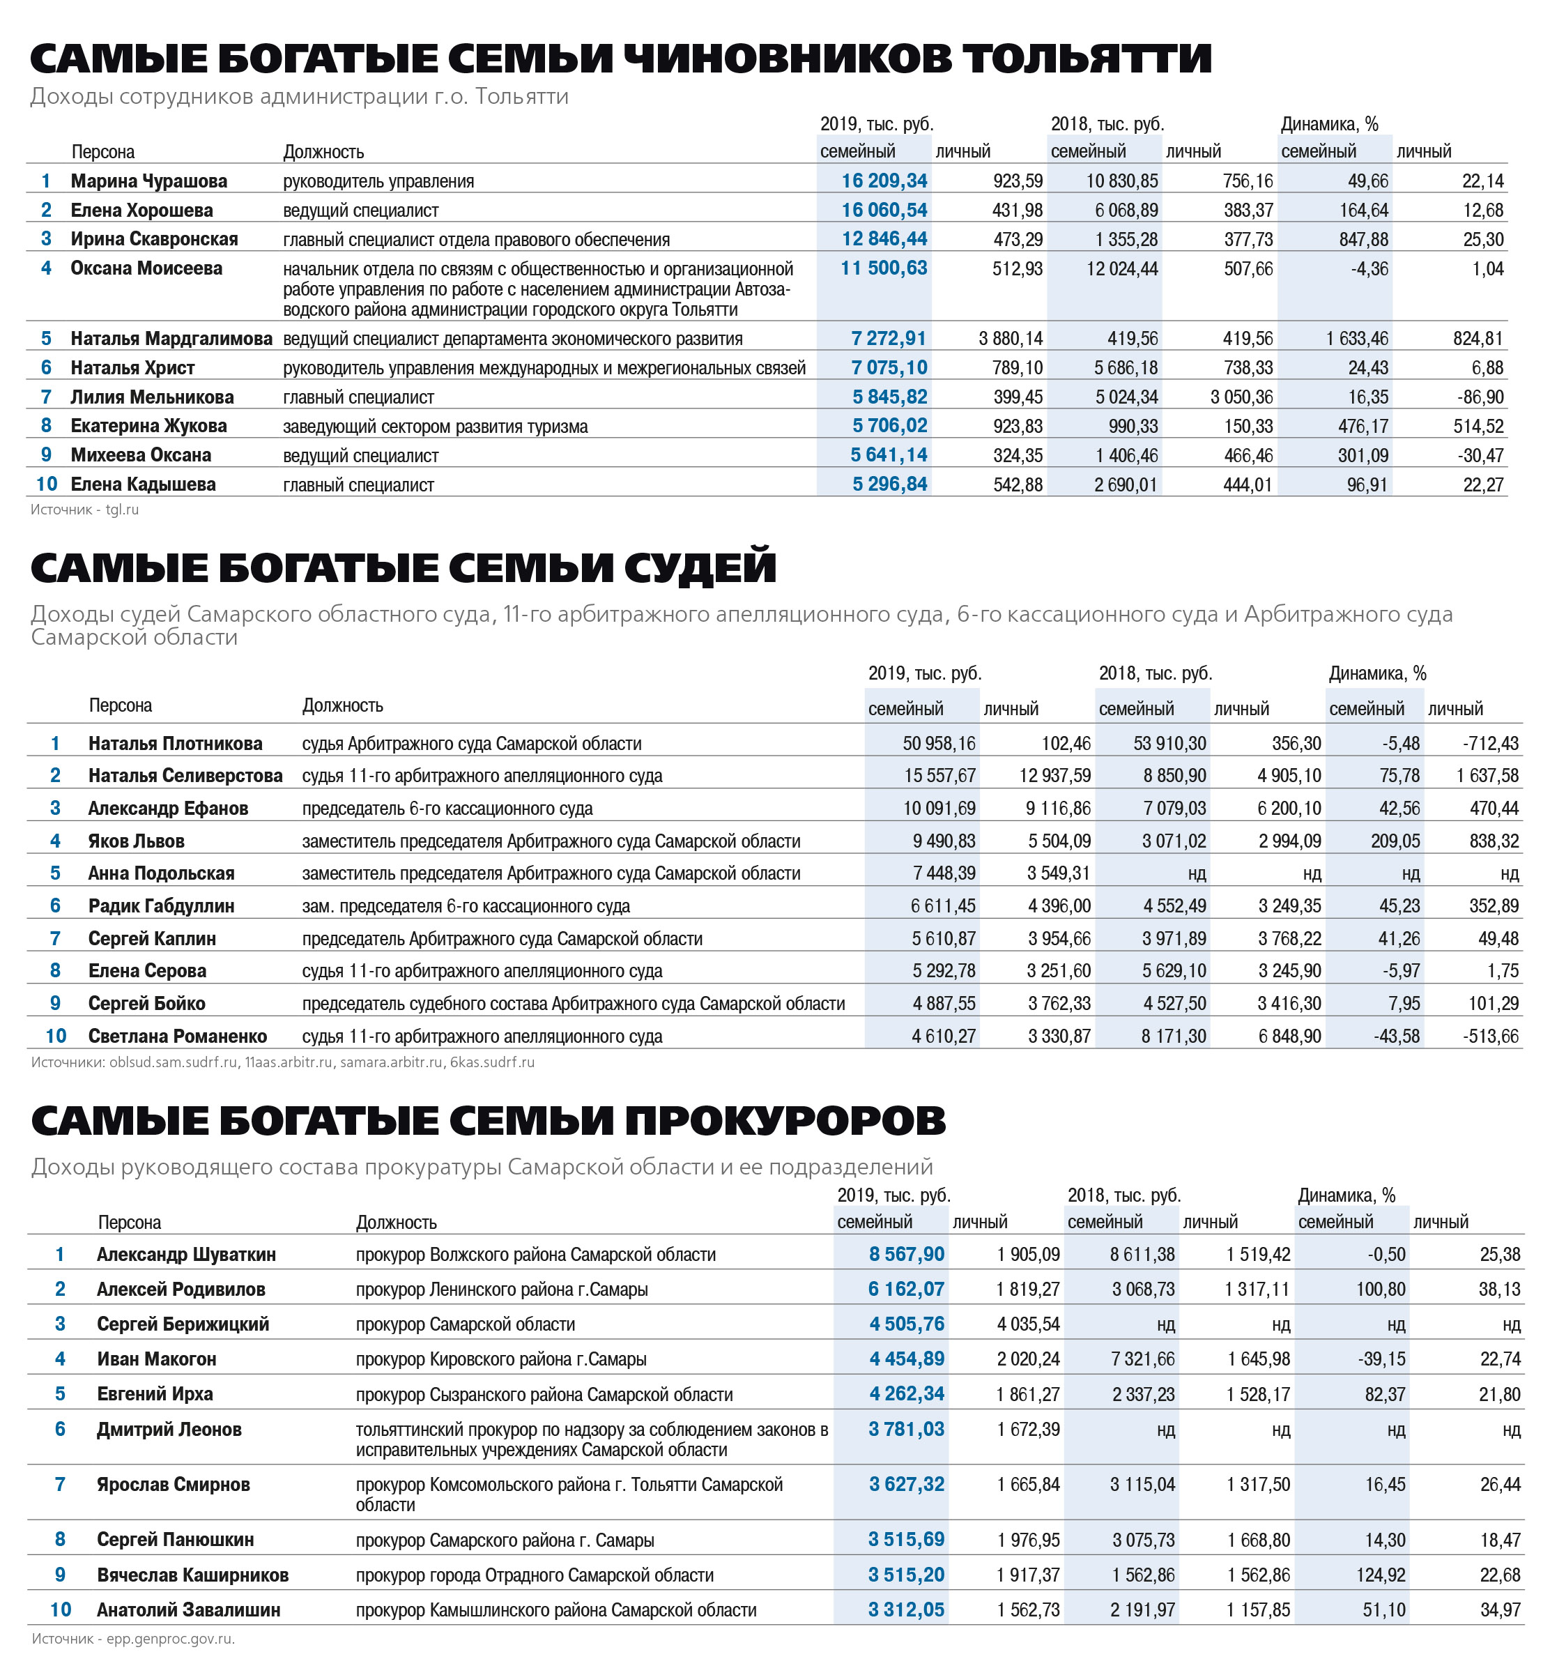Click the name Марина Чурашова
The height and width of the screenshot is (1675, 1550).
[x=148, y=181]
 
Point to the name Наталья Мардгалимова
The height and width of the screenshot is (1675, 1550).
[x=171, y=339]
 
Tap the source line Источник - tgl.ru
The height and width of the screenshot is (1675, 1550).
[x=85, y=509]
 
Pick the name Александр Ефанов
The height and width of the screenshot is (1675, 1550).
[x=168, y=809]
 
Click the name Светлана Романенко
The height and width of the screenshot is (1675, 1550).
[x=177, y=1036]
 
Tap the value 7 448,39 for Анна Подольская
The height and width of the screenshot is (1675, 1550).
[x=944, y=873]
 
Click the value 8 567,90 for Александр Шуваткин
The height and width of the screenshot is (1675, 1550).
[x=906, y=1255]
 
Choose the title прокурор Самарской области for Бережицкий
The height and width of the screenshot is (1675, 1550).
[x=465, y=1324]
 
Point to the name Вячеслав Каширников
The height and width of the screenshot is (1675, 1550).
[x=192, y=1575]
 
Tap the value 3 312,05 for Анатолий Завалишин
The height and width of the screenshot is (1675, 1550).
[x=906, y=1610]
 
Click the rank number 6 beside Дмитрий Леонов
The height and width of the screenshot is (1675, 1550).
[x=61, y=1429]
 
